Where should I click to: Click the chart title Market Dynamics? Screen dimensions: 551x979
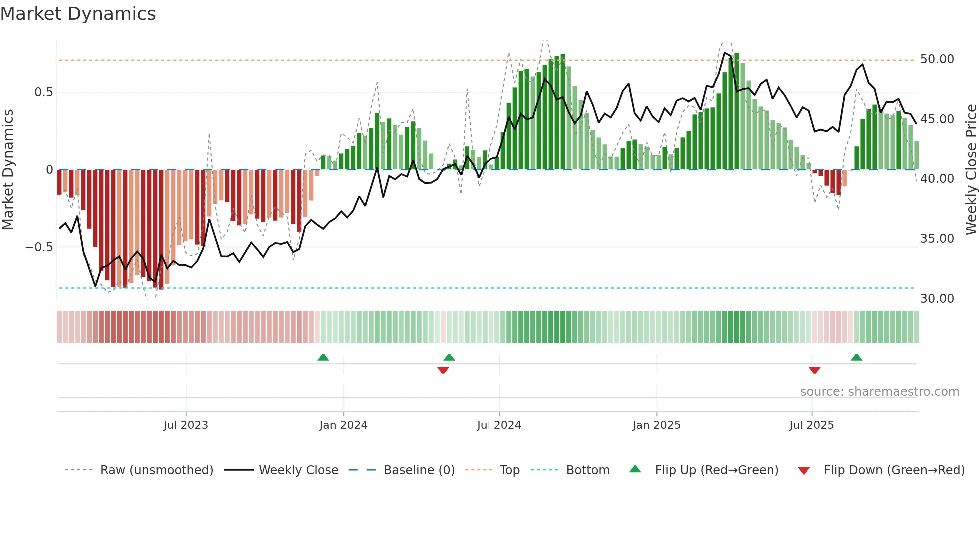pyautogui.click(x=78, y=14)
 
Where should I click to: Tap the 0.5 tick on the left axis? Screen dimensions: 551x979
pyautogui.click(x=43, y=92)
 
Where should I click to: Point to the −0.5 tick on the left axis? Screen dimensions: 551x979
pyautogui.click(x=39, y=247)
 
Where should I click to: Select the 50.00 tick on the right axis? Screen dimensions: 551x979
pyautogui.click(x=937, y=59)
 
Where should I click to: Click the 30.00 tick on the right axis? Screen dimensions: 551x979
pyautogui.click(x=937, y=299)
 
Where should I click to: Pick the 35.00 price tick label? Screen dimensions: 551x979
pyautogui.click(x=937, y=239)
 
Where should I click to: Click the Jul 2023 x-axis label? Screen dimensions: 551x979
pyautogui.click(x=186, y=425)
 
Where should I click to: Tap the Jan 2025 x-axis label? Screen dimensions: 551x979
pyautogui.click(x=656, y=425)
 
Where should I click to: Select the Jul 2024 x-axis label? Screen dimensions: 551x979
pyautogui.click(x=499, y=425)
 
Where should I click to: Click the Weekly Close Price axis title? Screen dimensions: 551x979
pyautogui.click(x=971, y=170)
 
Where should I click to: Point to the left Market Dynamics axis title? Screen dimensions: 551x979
pyautogui.click(x=8, y=170)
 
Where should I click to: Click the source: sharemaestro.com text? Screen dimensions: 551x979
pyautogui.click(x=879, y=392)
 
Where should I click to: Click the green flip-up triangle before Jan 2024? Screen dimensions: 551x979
pyautogui.click(x=323, y=357)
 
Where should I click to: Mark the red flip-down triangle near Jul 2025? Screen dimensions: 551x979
pyautogui.click(x=814, y=370)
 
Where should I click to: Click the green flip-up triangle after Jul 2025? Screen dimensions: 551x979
pyautogui.click(x=856, y=357)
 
